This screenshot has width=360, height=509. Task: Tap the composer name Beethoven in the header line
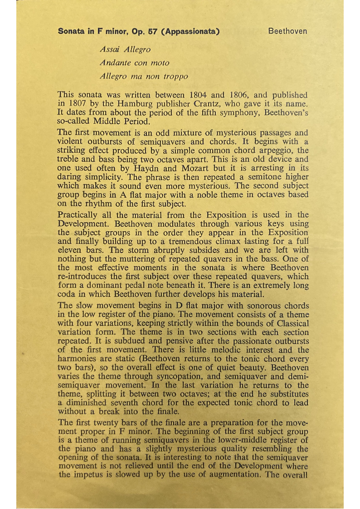click(287, 31)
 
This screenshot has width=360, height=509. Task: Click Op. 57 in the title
click(147, 32)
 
